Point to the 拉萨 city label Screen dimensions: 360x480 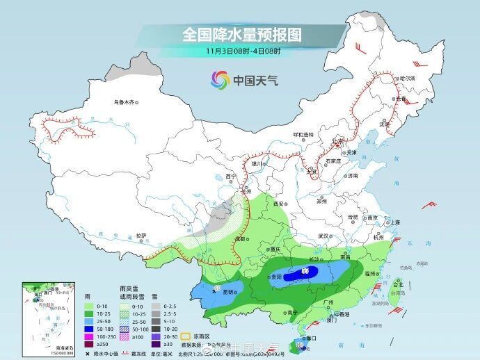coord(141,235)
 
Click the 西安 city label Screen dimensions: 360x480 coord(280,204)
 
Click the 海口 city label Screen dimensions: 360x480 coord(311,338)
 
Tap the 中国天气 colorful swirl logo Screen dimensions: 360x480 coord(220,80)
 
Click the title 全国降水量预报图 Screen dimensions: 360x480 coord(242,34)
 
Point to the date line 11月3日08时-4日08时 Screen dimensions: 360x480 coord(243,51)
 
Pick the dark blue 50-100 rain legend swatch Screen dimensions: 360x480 coord(88,327)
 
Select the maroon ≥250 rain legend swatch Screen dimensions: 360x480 coord(88,345)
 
